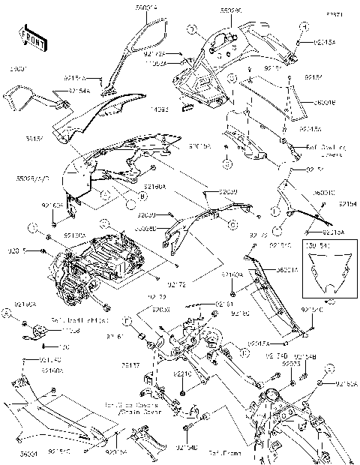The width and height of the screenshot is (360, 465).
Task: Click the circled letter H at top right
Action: tap(304, 27)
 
